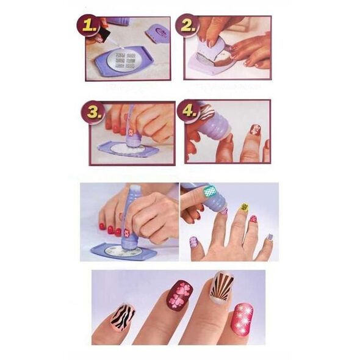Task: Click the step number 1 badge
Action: (x=90, y=26)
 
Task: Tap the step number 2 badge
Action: (x=187, y=26)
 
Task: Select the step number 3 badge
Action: (x=93, y=112)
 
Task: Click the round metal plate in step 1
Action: (x=123, y=59)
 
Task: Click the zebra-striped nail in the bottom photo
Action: (x=123, y=315)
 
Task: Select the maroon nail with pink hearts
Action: (x=180, y=295)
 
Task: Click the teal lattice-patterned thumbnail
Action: (x=211, y=191)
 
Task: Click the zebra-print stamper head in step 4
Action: (x=206, y=112)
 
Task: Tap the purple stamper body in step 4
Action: (x=218, y=128)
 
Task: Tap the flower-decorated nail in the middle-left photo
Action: (x=127, y=232)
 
